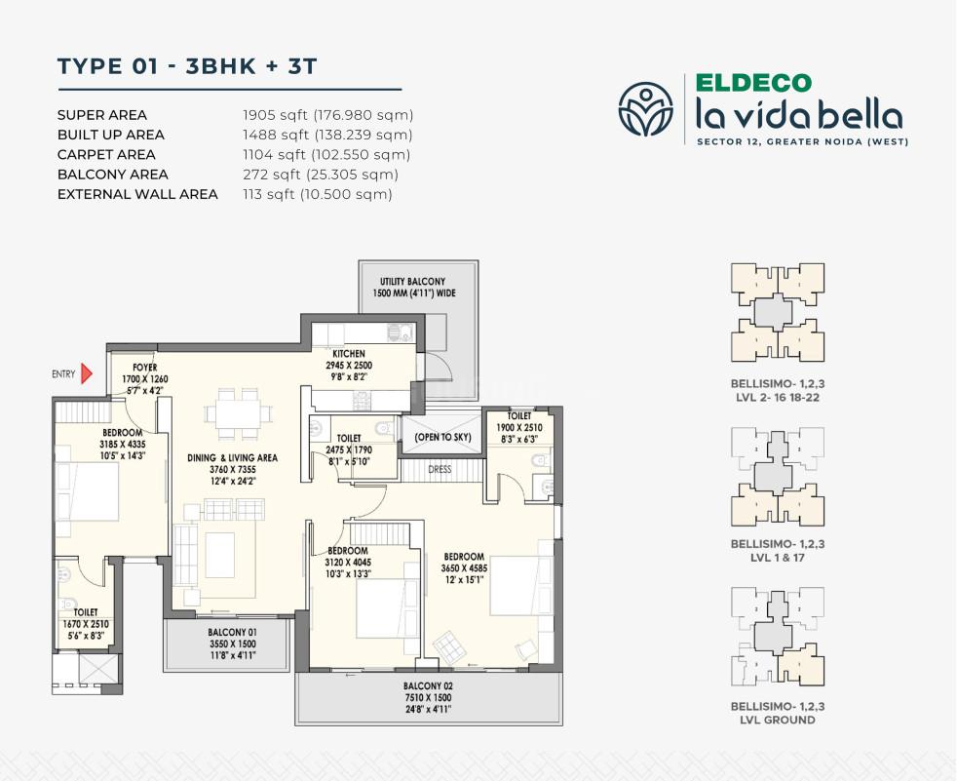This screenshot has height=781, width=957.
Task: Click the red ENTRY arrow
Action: (x=87, y=372)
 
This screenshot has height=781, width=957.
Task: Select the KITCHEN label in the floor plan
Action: (x=348, y=353)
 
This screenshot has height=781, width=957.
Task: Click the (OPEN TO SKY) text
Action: (x=442, y=437)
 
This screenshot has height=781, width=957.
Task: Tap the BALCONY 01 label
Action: (x=225, y=631)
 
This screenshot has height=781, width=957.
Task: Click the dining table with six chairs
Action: (x=238, y=409)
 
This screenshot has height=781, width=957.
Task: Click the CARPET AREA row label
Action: (x=106, y=154)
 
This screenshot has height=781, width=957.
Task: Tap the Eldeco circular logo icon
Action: (x=645, y=108)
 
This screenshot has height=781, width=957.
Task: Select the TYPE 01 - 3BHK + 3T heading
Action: (x=187, y=65)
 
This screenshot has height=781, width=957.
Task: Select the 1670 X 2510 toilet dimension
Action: (x=86, y=624)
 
